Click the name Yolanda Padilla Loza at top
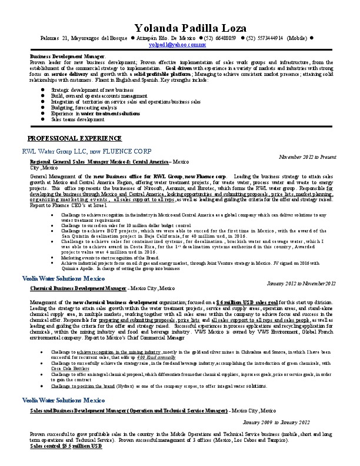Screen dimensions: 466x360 (x=179, y=27)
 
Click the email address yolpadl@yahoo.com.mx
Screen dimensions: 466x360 (x=179, y=44)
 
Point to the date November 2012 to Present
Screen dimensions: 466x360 (x=307, y=157)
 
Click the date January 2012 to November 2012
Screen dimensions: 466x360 (x=301, y=283)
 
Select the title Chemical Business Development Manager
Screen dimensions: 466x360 (x=78, y=289)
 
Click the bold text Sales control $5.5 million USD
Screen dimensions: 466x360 (x=66, y=446)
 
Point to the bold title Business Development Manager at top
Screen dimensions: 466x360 (x=67, y=56)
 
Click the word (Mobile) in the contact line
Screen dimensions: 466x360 (x=296, y=38)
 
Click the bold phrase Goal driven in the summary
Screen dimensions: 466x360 (x=179, y=68)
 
